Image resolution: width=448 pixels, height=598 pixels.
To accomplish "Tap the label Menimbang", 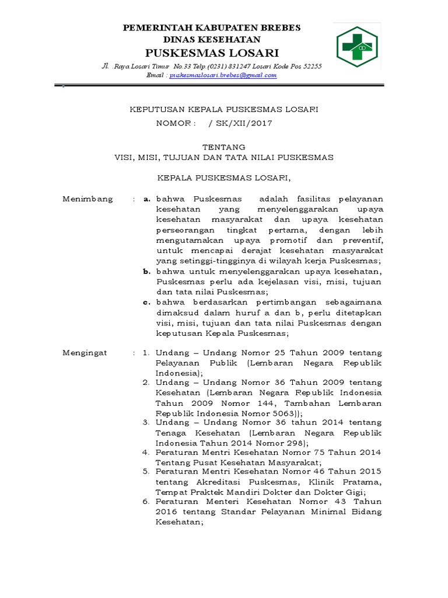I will pyautogui.click(x=87, y=199).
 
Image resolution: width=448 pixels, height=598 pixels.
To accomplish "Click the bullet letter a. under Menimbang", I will pyautogui.click(x=147, y=199).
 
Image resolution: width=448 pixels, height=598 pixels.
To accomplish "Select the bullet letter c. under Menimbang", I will pyautogui.click(x=147, y=302).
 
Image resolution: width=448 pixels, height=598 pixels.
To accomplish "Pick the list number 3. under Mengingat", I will pyautogui.click(x=147, y=422).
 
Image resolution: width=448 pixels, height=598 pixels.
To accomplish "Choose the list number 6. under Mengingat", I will pyautogui.click(x=147, y=501).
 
